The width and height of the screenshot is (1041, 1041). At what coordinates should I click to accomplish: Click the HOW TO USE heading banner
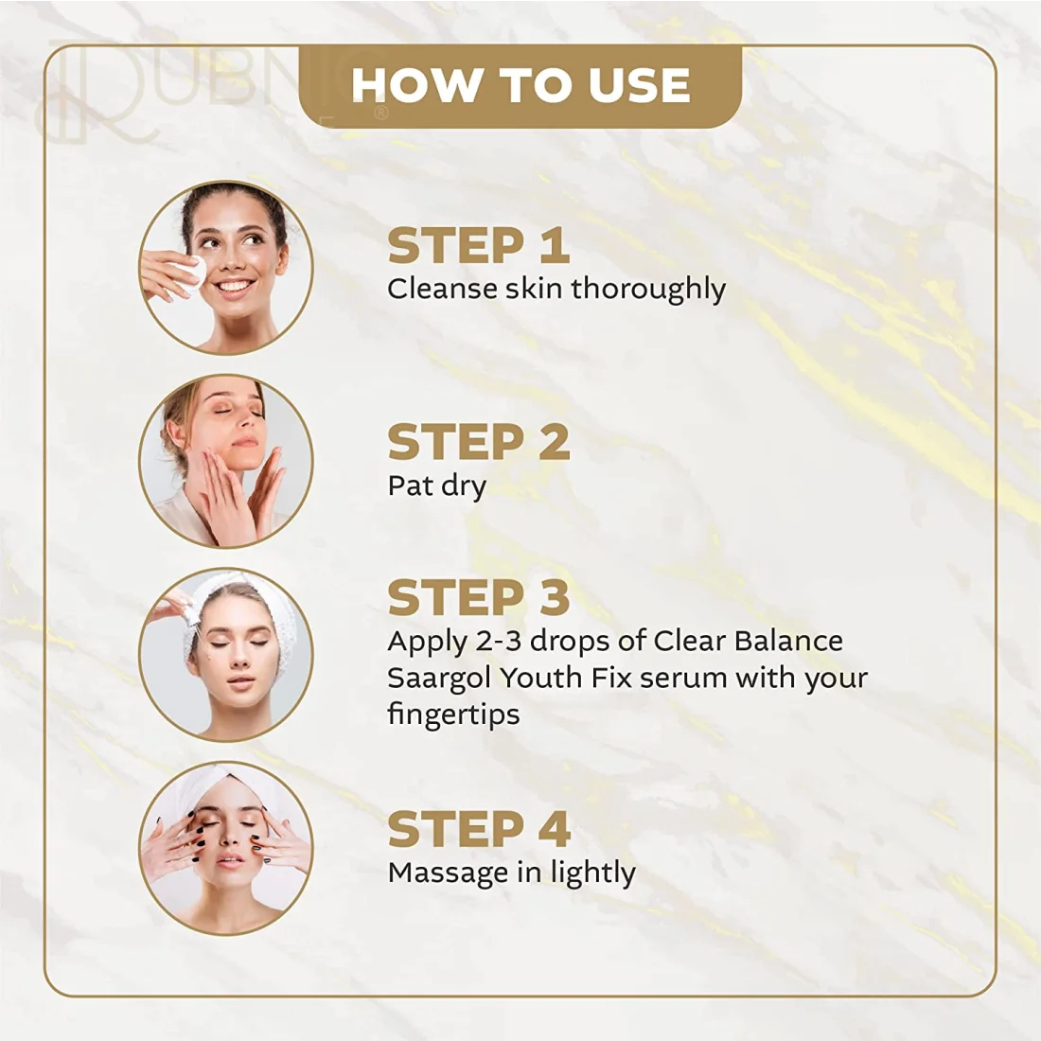point(520,86)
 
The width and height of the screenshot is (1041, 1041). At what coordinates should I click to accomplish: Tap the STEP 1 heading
point(478,246)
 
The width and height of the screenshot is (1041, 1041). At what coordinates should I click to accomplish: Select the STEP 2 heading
point(478,442)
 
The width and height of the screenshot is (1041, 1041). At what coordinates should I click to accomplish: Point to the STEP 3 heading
point(478,597)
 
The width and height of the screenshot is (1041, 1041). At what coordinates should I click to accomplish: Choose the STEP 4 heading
point(479,829)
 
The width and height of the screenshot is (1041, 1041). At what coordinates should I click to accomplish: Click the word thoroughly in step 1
point(648,291)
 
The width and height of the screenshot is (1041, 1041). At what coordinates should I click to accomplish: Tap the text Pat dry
point(437,486)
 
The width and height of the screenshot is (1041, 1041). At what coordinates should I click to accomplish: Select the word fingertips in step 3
point(453,715)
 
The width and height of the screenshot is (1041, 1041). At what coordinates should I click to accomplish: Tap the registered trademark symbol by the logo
point(381,114)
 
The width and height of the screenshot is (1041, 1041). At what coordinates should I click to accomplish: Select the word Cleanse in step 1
point(442,290)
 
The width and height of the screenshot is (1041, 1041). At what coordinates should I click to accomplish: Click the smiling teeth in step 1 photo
point(235,287)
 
